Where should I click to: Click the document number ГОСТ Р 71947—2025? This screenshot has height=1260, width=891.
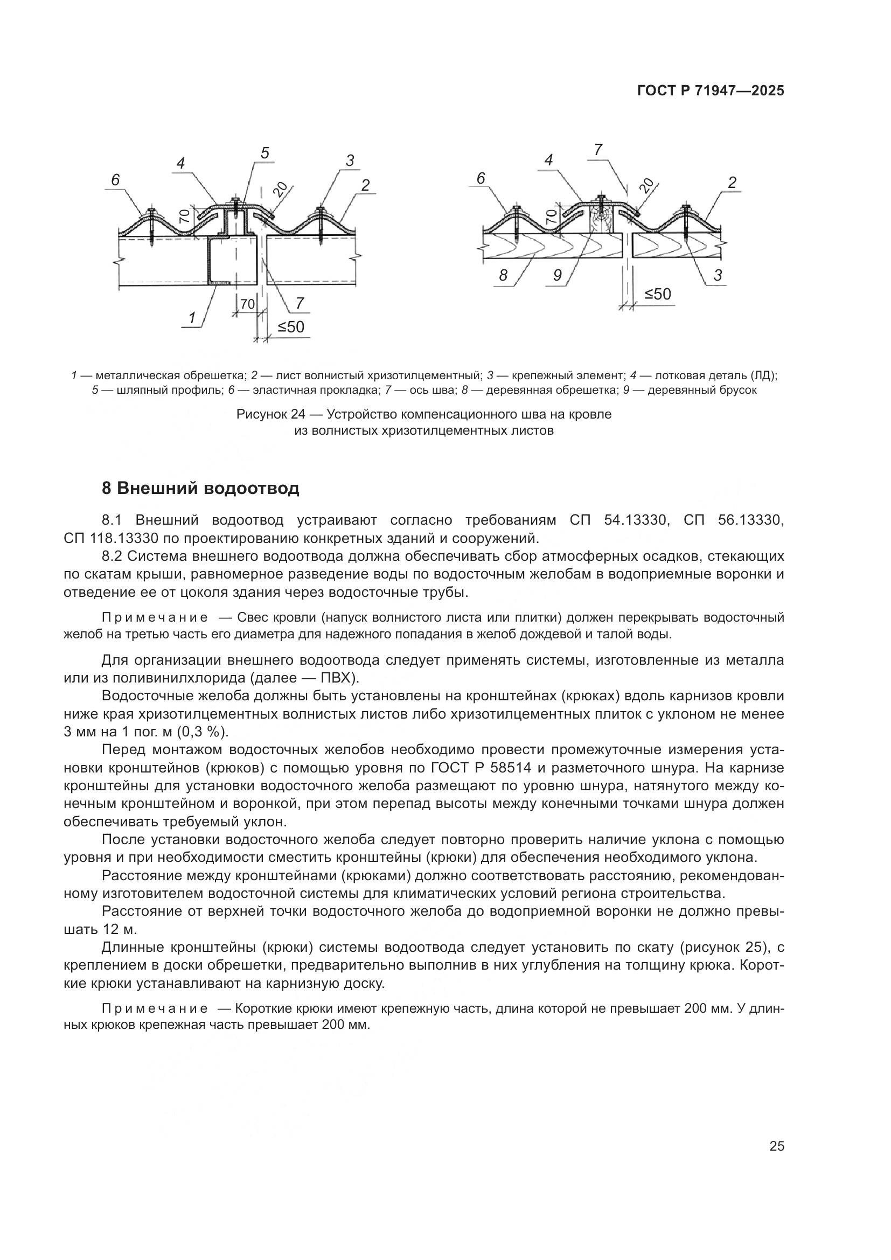(x=710, y=91)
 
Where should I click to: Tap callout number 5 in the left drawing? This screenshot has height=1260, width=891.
(x=265, y=153)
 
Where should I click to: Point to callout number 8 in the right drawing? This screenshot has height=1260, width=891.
(x=503, y=275)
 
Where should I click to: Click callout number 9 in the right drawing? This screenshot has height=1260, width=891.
(x=557, y=275)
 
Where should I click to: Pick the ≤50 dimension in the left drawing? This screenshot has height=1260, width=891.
(x=291, y=327)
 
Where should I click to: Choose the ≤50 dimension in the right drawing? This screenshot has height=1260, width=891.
(x=657, y=294)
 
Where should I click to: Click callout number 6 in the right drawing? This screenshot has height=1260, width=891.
(x=481, y=178)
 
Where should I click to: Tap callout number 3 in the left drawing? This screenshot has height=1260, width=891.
(x=350, y=160)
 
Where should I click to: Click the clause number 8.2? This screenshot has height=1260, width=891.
(x=112, y=556)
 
